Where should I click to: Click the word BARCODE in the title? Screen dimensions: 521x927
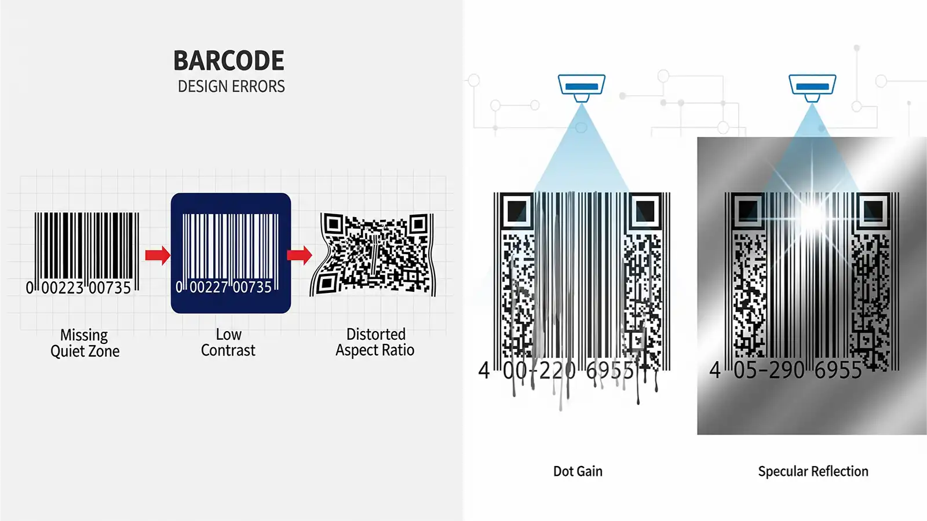pos(229,61)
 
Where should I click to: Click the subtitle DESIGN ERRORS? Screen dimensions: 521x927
pos(231,87)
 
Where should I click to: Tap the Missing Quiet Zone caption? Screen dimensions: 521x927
pos(85,343)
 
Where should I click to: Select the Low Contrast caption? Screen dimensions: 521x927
pos(228,343)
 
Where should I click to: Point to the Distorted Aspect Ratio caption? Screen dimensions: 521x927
pos(375,343)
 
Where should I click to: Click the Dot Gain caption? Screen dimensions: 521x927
pos(578,471)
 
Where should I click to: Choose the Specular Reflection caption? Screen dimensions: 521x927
pos(813,471)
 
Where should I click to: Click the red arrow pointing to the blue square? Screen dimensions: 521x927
pos(157,255)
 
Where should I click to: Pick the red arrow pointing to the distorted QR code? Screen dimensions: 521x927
pos(300,255)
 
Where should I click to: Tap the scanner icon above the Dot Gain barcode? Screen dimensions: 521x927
pos(582,86)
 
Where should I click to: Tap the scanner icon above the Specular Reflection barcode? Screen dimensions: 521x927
pos(812,86)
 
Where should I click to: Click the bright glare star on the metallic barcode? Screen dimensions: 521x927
pos(813,215)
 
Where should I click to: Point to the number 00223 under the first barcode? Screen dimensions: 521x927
pos(63,288)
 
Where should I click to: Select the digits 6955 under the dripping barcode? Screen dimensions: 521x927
pos(610,370)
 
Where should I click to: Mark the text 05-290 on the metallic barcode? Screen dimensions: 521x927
pos(769,370)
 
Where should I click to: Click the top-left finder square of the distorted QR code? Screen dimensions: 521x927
pos(333,223)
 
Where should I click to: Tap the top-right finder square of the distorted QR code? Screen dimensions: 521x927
pos(419,223)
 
